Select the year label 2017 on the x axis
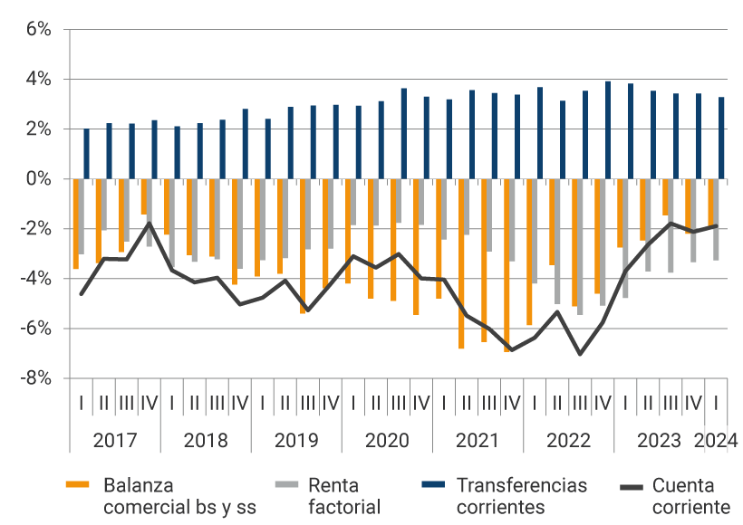(x=115, y=441)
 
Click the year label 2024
(x=716, y=441)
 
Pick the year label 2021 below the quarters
(x=478, y=441)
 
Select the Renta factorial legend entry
(x=344, y=496)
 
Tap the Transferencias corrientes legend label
(x=521, y=496)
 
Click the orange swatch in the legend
(x=79, y=486)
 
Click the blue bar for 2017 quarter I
(x=87, y=154)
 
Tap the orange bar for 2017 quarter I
(x=76, y=224)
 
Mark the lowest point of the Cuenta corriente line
(x=580, y=354)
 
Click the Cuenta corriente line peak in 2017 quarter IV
(x=150, y=223)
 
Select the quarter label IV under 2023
(x=693, y=403)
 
